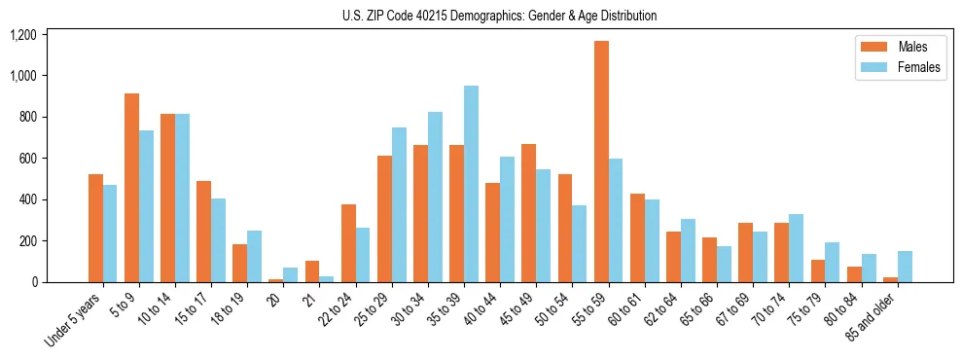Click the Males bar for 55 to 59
coord(602,162)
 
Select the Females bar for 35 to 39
coord(471,184)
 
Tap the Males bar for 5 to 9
coord(131,188)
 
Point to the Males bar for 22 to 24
coord(348,243)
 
